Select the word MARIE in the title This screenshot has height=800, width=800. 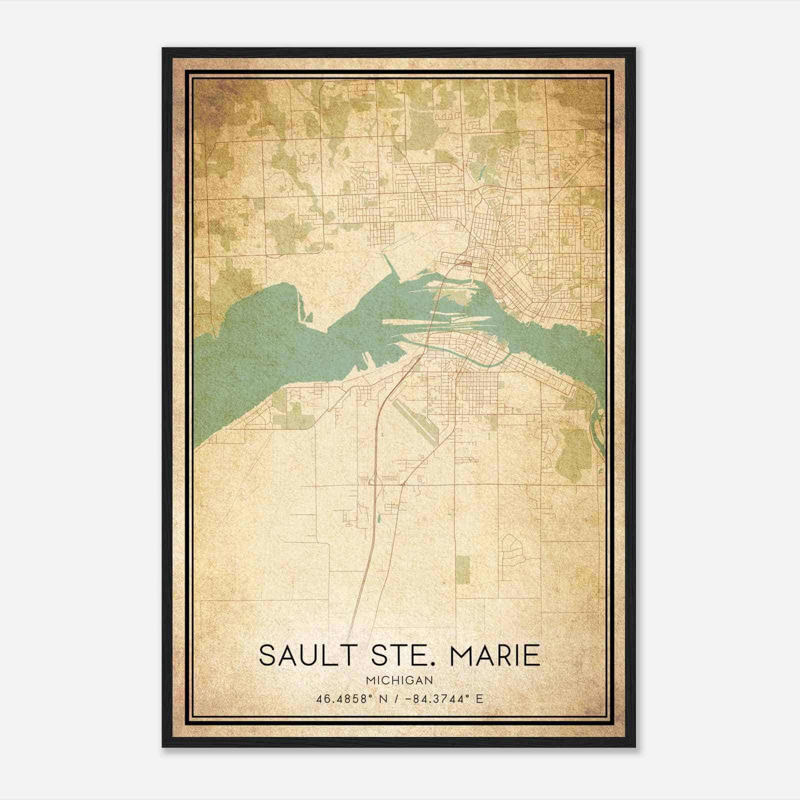(x=495, y=655)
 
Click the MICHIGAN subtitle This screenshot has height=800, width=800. (x=399, y=680)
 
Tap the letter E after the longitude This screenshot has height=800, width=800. (x=479, y=699)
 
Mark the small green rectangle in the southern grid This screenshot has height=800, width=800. (x=463, y=569)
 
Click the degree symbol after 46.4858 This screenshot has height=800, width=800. (x=370, y=696)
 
